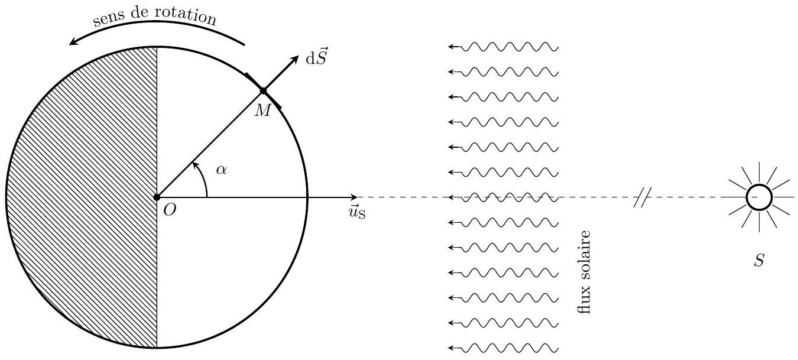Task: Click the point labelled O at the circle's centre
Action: pyautogui.click(x=157, y=197)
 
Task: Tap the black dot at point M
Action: pyautogui.click(x=263, y=91)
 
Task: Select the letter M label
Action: pyautogui.click(x=263, y=111)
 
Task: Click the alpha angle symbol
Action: pyautogui.click(x=221, y=170)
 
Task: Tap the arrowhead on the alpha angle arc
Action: pyautogui.click(x=194, y=165)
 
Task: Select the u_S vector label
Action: pyautogui.click(x=357, y=212)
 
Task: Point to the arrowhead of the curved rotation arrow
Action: pyautogui.click(x=74, y=41)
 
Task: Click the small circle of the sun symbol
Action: pyautogui.click(x=759, y=197)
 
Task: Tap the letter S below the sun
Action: pyautogui.click(x=759, y=260)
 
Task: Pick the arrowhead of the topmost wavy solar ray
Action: pyautogui.click(x=450, y=46)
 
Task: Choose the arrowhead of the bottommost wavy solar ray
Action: pyautogui.click(x=450, y=348)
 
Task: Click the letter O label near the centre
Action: pyautogui.click(x=170, y=210)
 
